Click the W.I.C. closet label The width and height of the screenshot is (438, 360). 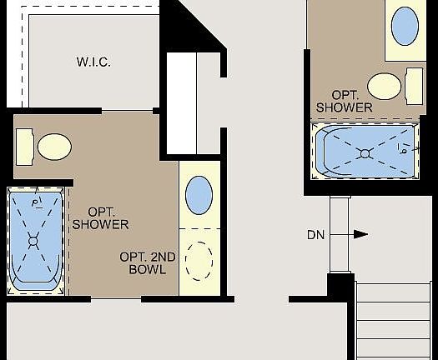point(93,62)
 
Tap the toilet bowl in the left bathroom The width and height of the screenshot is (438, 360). point(53,145)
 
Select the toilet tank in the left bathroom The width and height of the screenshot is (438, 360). point(25,146)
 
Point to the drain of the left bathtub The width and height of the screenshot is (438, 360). point(33,242)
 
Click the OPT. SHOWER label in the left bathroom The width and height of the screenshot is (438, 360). point(100,218)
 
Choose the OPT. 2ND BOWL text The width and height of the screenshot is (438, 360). point(148,262)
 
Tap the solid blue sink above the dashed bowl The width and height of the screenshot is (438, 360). point(199,195)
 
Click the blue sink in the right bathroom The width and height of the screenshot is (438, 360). point(405,27)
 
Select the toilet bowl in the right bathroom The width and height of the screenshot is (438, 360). point(385,85)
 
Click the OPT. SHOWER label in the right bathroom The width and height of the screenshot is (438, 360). point(345,101)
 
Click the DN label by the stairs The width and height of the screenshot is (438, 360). point(315,235)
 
